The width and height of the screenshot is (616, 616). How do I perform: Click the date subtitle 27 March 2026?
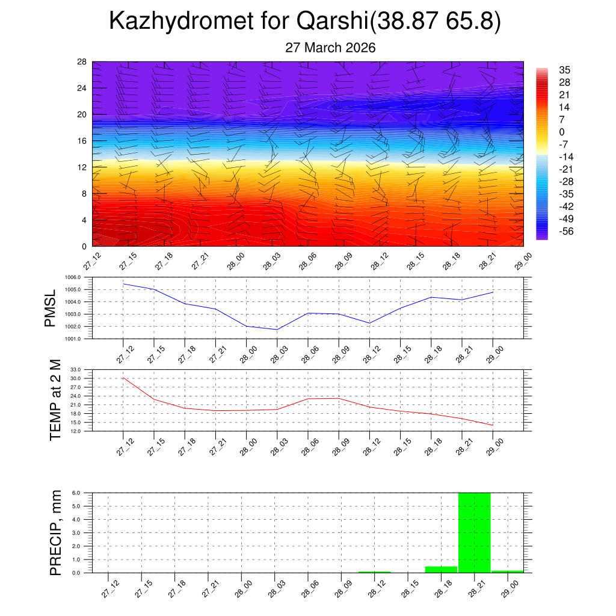(330, 48)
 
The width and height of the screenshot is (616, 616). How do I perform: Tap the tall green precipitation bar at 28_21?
(474, 532)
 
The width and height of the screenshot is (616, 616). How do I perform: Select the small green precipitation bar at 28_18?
(441, 569)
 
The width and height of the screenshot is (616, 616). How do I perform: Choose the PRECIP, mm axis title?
(55, 532)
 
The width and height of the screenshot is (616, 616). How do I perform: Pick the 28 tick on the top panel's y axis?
(82, 62)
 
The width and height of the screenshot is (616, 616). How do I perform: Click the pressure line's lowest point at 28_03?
(277, 330)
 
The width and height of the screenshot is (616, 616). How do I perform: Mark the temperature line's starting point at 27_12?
(123, 378)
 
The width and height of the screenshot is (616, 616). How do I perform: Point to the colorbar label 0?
(561, 132)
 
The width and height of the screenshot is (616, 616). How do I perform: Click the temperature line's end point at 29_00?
(493, 425)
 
